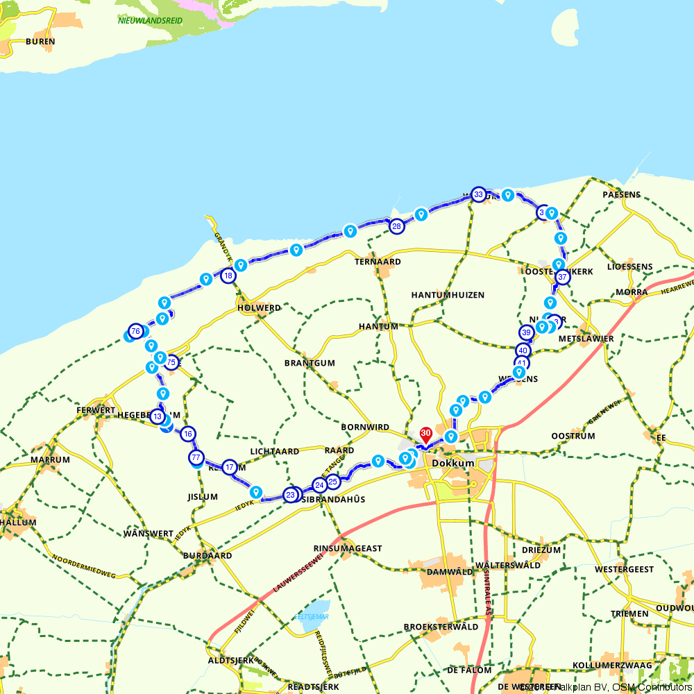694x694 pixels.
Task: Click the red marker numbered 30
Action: pyautogui.click(x=426, y=434)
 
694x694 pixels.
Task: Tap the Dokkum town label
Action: pyautogui.click(x=452, y=463)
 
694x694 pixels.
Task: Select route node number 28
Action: pyautogui.click(x=396, y=226)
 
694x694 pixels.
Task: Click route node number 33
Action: pyautogui.click(x=478, y=195)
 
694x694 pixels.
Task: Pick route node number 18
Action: pyautogui.click(x=228, y=276)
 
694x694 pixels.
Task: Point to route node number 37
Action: pyautogui.click(x=562, y=277)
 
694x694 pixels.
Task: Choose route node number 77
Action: pyautogui.click(x=196, y=457)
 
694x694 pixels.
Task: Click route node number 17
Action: pyautogui.click(x=230, y=466)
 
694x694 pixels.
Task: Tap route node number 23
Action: pyautogui.click(x=291, y=495)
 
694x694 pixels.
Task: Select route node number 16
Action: pyautogui.click(x=188, y=434)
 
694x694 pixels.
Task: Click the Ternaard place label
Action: pyautogui.click(x=378, y=262)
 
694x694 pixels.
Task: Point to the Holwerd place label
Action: pyautogui.click(x=259, y=308)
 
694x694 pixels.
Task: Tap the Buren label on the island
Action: pyautogui.click(x=40, y=42)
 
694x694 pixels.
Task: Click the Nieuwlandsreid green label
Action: pyautogui.click(x=150, y=21)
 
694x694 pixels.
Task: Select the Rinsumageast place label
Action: pyautogui.click(x=348, y=548)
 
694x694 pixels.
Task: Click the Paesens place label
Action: pyautogui.click(x=621, y=194)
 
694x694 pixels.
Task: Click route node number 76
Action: pyautogui.click(x=135, y=330)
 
